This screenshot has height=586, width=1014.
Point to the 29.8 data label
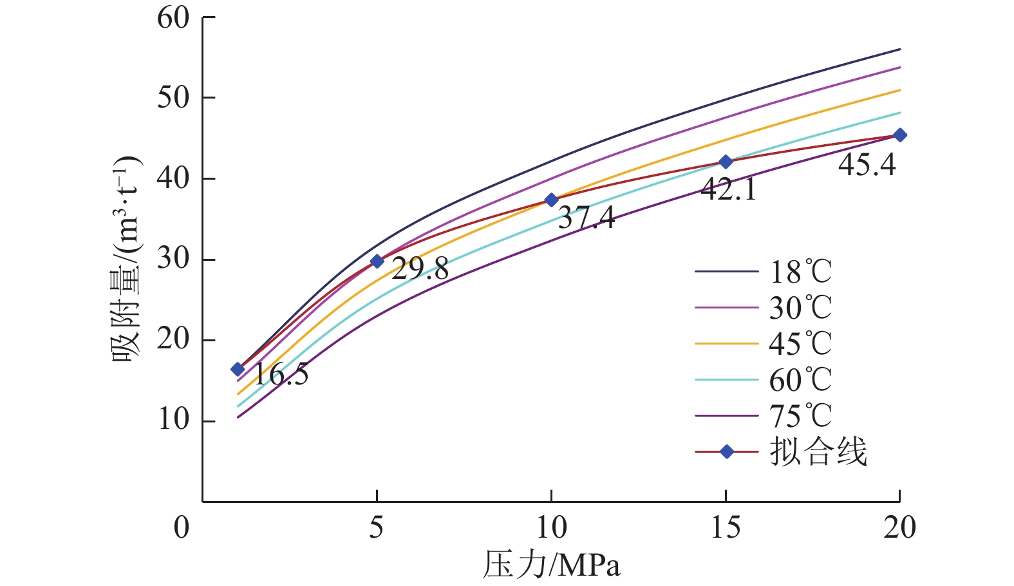[x=420, y=269]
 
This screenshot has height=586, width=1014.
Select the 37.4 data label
[x=587, y=218]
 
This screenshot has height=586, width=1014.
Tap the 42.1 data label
[x=728, y=189]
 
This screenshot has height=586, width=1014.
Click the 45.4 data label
[x=867, y=165]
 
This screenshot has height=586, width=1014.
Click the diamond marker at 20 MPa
[x=900, y=135]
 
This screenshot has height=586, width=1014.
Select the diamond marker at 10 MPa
[x=551, y=200]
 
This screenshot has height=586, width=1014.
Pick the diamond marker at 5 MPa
[x=377, y=261]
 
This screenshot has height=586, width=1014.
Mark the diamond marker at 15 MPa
[x=726, y=162]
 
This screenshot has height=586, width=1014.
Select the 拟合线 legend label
[x=818, y=452]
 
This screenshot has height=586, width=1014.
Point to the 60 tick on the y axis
[x=173, y=18]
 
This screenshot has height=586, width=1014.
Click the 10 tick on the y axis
[x=173, y=421]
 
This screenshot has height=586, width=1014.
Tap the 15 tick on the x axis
[x=726, y=528]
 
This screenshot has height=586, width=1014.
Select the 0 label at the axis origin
[x=182, y=528]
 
